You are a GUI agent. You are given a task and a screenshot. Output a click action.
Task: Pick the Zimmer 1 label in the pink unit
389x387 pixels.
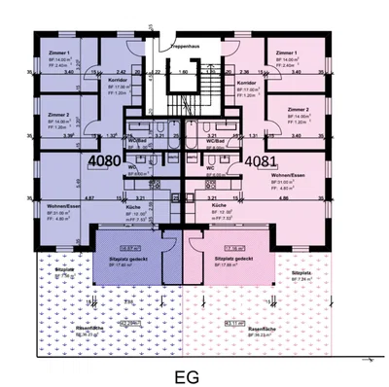(x=286, y=52)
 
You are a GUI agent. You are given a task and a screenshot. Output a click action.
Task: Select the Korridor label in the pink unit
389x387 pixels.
(x=247, y=83)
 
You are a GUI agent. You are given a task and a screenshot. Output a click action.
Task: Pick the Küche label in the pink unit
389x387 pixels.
(x=220, y=207)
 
